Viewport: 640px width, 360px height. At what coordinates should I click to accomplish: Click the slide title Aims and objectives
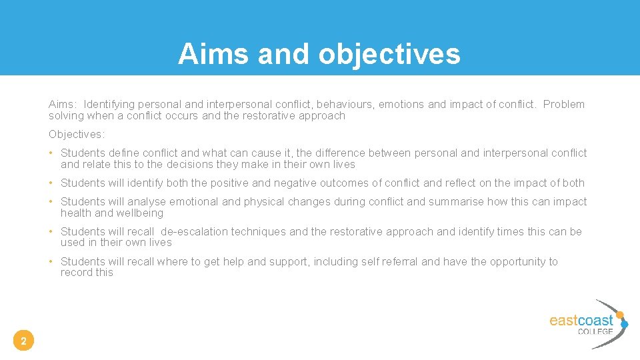coord(319,54)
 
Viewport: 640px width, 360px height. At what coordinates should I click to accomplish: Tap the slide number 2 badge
coord(23,342)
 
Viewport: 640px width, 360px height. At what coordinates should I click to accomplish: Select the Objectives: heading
coord(77,134)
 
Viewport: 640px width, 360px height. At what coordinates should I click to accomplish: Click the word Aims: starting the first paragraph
coord(63,104)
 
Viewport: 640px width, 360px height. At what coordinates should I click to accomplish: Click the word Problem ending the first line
coord(564,104)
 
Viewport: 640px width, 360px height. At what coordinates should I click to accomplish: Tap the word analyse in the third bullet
coord(147,201)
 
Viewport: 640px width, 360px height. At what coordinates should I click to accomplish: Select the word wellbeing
coord(140,213)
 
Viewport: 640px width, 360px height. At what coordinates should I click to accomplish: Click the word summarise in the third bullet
coord(457,201)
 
